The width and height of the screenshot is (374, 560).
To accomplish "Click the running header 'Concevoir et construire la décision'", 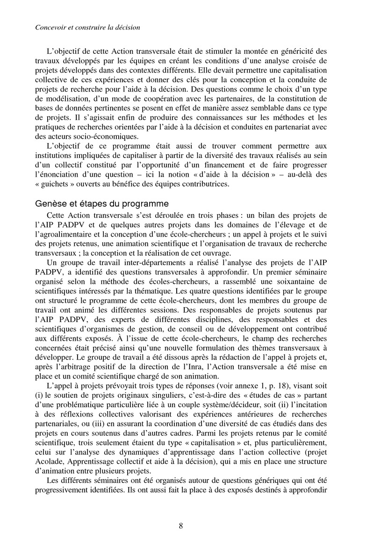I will click(x=87, y=28).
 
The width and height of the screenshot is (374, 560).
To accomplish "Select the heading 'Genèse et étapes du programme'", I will click(x=102, y=204).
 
